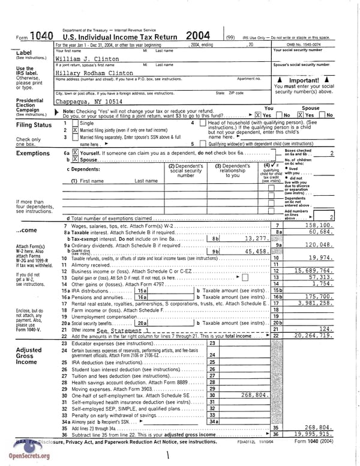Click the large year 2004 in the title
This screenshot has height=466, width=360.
coord(197,36)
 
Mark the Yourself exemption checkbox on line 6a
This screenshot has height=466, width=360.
coord(75,153)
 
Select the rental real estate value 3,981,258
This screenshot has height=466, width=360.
coord(314,303)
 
